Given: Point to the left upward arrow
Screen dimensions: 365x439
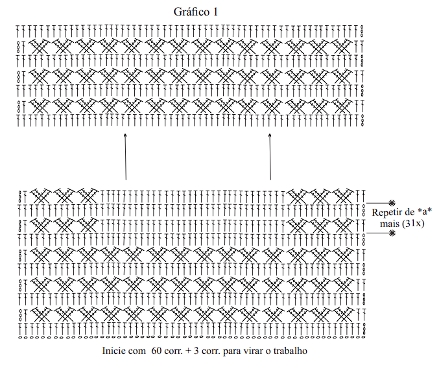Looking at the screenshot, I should pos(125,156).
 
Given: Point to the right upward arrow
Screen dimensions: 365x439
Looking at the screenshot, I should pos(270,156).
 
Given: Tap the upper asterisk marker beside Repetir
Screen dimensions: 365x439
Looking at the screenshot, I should pos(392,204).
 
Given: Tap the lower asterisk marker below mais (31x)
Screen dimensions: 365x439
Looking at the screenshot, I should pos(392,233).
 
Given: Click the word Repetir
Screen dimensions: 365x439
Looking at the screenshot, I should pos(387,213).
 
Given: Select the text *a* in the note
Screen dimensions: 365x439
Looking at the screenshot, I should pos(423,213).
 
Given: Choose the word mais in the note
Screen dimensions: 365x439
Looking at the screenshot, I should pos(390,224).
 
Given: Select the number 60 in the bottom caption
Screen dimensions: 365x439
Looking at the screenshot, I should pos(156,351).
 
